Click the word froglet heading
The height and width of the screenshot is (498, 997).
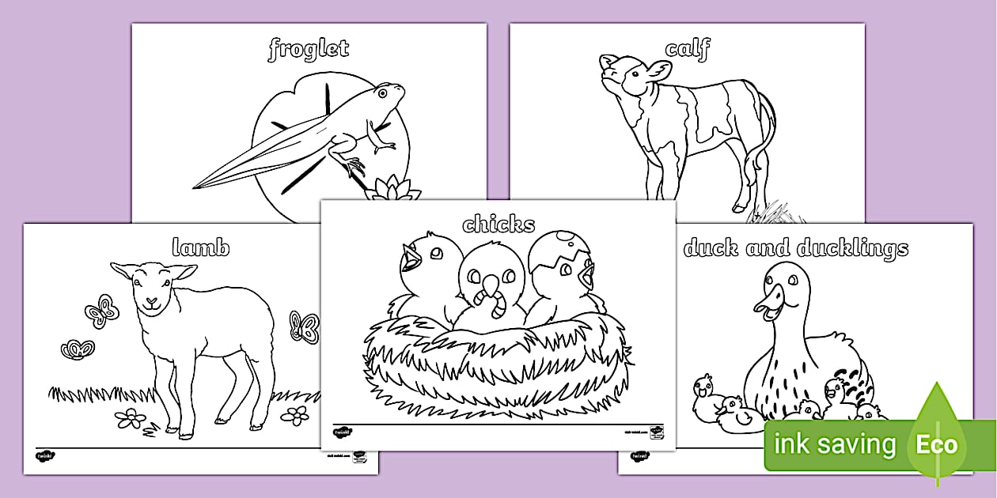click(x=309, y=49)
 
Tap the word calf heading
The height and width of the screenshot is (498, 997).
click(x=687, y=49)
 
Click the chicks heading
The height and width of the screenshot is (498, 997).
click(x=498, y=224)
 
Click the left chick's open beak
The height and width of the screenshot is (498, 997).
click(x=411, y=256)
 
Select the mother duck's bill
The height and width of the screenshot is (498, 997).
click(x=768, y=303)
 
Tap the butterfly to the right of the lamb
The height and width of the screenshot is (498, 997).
click(x=304, y=326)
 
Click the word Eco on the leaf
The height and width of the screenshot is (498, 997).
click(x=937, y=445)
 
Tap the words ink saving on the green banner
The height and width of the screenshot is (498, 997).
click(x=834, y=445)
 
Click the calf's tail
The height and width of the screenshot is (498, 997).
click(x=766, y=134)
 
